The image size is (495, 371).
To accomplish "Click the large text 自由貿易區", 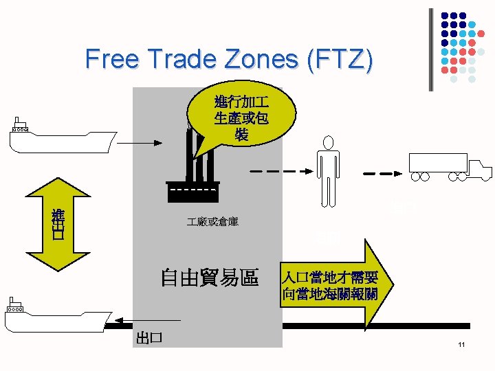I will tap(209, 278).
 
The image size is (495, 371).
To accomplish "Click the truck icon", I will tap(450, 167).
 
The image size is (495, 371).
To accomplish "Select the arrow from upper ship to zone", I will tap(144, 143).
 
